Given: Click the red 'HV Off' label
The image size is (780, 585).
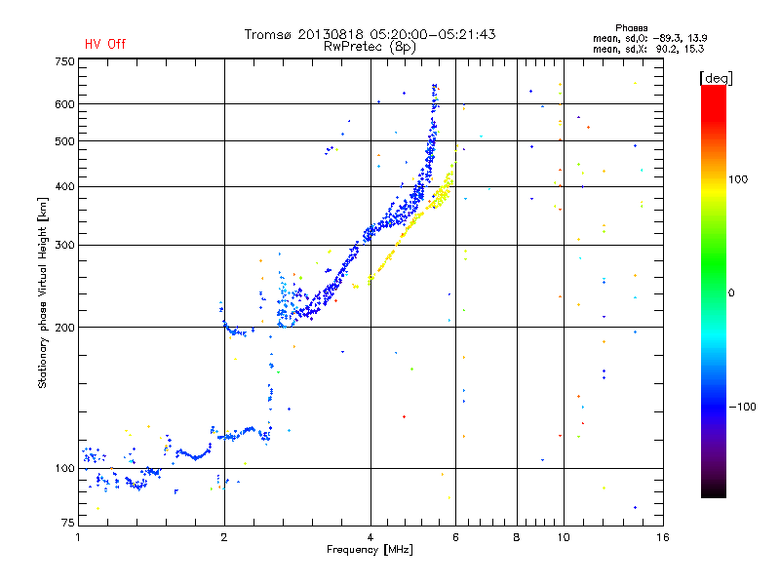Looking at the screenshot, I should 105,44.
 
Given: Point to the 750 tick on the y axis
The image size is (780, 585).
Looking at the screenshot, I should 64,61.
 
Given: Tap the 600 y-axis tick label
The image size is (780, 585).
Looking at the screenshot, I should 64,104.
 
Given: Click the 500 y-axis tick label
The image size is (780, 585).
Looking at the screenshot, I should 64,141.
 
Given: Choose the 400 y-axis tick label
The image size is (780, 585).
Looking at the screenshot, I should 64,186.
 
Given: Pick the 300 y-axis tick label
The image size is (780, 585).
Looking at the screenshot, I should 64,245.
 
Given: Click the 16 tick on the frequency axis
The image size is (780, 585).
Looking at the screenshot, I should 662,537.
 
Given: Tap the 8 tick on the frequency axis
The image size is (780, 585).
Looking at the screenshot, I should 517,537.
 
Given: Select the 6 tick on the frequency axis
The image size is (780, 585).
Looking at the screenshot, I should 456,537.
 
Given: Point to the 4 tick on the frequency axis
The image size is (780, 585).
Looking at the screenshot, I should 370,537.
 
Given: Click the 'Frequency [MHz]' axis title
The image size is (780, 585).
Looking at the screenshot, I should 370,551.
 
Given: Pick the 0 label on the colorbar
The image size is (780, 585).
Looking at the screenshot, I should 734,292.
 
